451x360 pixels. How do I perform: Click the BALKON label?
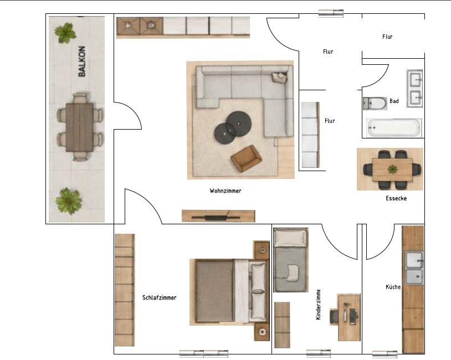[x=82, y=61]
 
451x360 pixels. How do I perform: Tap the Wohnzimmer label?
[x=225, y=191]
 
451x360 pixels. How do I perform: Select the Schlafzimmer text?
[x=160, y=297]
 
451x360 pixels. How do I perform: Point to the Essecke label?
[x=396, y=198]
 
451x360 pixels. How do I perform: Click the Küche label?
[x=393, y=287]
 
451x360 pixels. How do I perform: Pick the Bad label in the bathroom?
[x=394, y=101]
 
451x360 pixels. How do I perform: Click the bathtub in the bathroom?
[x=394, y=128]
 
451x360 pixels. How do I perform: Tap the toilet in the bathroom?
[x=375, y=104]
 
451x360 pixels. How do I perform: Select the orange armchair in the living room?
[x=246, y=158]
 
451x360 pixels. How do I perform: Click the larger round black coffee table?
[x=239, y=124]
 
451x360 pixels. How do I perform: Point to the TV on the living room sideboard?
[x=216, y=217]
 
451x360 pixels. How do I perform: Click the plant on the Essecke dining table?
[x=392, y=169]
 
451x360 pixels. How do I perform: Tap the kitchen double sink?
[x=414, y=268]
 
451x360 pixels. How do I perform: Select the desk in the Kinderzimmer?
[x=349, y=317]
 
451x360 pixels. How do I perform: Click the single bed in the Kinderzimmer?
[x=290, y=260]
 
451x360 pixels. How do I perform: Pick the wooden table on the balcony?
[x=79, y=127]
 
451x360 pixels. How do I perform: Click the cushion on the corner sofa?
[x=279, y=78]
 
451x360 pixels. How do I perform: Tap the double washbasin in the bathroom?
[x=414, y=89]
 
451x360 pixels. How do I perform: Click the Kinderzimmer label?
[x=318, y=305]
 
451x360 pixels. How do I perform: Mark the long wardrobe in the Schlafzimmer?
[x=125, y=290]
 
